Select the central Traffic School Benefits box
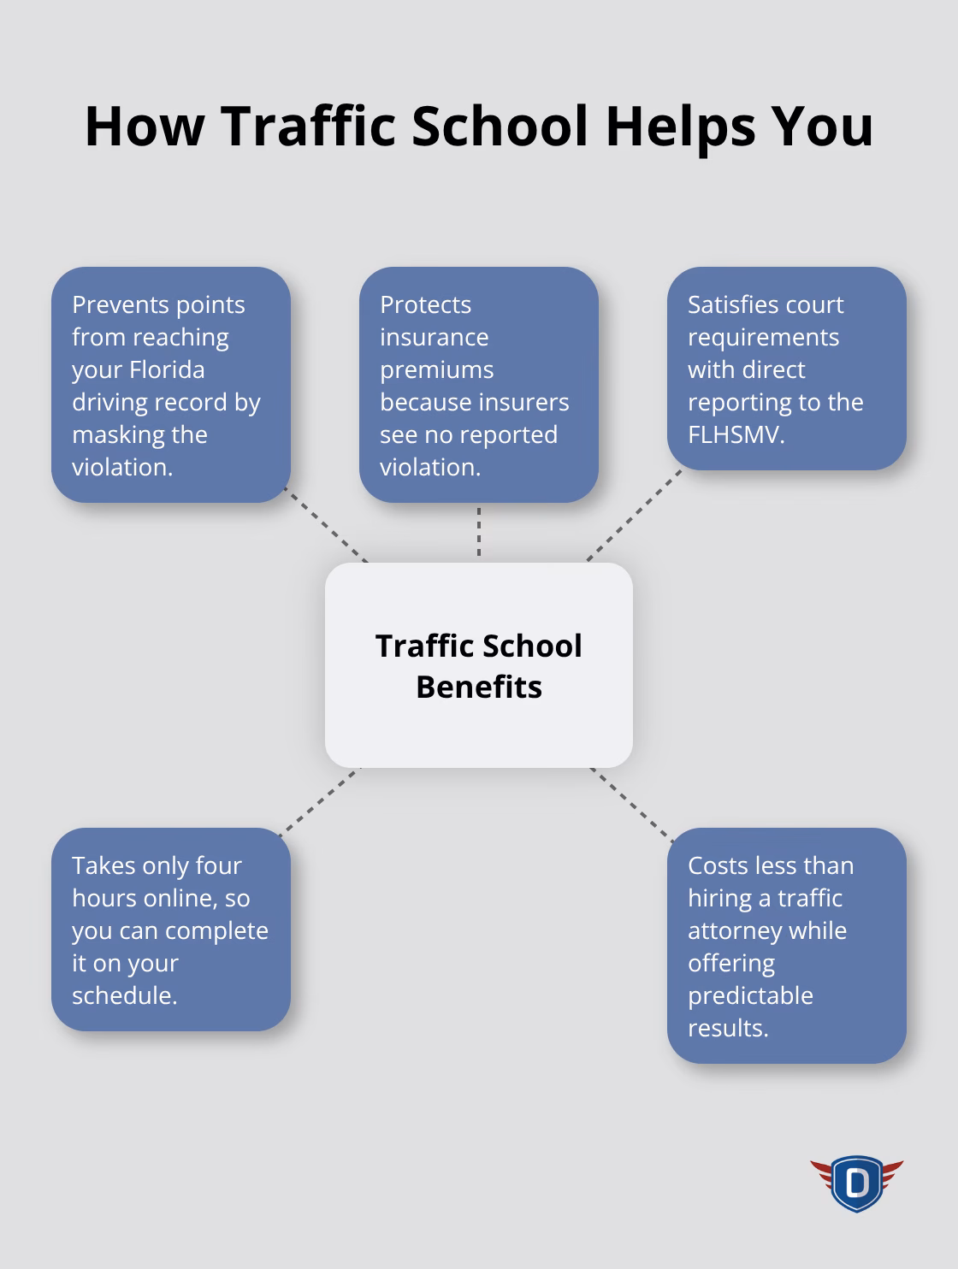point(478,665)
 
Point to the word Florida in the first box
point(167,369)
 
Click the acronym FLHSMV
point(735,434)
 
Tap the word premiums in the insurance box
point(436,369)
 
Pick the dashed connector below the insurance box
point(479,532)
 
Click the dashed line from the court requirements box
point(633,516)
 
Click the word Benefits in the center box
point(478,687)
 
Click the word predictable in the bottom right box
point(750,995)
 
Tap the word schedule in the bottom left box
point(123,995)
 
